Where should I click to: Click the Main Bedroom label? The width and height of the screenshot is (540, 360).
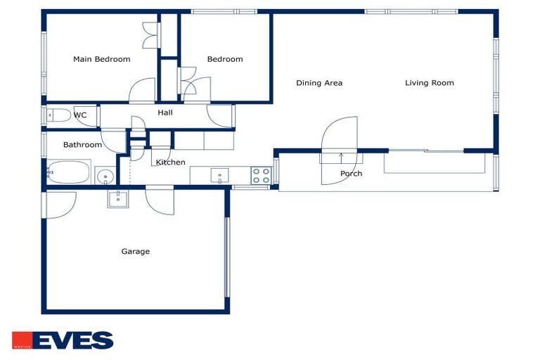tap(101, 59)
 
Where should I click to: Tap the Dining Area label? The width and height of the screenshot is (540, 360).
tap(319, 83)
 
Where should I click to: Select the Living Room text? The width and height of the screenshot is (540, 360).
tap(429, 83)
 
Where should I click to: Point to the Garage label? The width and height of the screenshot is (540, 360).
tap(135, 252)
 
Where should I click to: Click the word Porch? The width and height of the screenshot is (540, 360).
tap(351, 174)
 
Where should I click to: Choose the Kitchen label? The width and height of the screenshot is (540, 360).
tap(170, 162)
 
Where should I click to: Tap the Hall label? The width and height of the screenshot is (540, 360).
tap(165, 112)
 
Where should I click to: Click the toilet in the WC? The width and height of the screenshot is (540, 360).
tap(58, 115)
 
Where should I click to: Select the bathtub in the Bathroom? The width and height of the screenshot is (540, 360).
tap(68, 172)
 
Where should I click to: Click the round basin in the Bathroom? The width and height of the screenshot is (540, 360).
tap(105, 177)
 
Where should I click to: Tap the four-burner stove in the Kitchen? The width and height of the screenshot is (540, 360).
tap(262, 176)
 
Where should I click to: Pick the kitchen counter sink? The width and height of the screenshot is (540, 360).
tap(219, 175)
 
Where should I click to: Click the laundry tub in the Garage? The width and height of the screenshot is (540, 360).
tap(118, 199)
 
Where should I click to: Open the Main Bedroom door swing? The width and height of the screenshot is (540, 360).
tap(142, 90)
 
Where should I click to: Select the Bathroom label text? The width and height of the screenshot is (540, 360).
tap(83, 145)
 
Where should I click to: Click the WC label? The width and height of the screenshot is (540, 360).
tap(80, 115)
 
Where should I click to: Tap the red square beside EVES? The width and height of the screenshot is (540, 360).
tap(22, 340)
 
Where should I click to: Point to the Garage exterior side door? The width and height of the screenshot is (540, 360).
tap(58, 205)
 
